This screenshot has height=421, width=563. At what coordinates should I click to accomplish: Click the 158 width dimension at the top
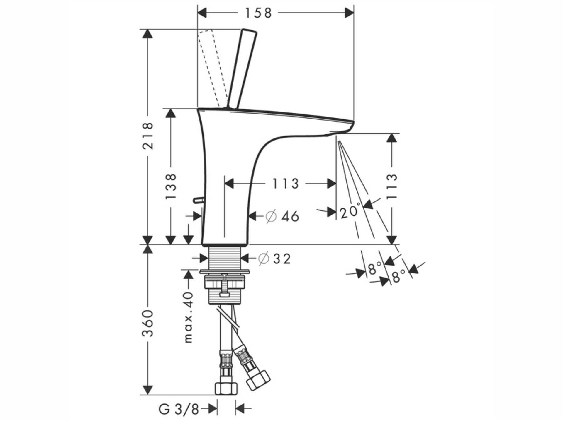(258, 13)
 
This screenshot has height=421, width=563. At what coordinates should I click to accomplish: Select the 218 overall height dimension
(148, 136)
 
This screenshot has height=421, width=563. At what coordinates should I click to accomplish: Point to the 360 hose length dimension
(148, 323)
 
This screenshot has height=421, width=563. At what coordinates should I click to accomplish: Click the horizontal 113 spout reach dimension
(286, 184)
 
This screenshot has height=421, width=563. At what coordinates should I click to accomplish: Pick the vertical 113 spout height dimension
(392, 186)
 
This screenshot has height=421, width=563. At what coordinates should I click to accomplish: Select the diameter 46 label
(282, 216)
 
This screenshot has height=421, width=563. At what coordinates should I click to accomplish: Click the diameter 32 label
(274, 259)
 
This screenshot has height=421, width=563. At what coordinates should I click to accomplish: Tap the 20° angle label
(350, 211)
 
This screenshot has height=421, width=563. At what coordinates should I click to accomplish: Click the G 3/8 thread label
(179, 409)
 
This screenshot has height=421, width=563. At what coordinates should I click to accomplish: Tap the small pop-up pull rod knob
(198, 200)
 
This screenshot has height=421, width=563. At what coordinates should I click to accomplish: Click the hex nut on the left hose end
(226, 388)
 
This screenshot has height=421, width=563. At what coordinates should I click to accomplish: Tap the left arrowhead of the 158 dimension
(203, 13)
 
